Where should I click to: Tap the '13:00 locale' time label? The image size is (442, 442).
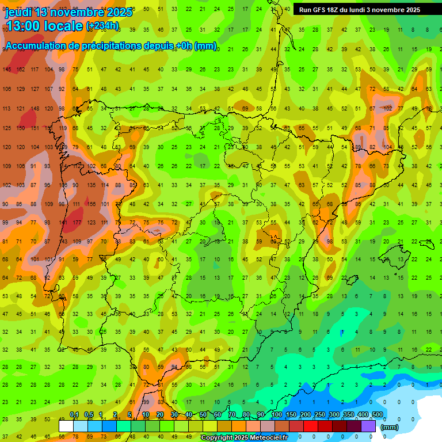(44, 26)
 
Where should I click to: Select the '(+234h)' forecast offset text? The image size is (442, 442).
(102, 26)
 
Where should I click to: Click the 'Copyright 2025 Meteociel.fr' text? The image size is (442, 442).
(244, 438)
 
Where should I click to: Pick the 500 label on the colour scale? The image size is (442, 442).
(377, 415)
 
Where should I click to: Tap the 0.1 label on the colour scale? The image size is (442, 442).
(74, 415)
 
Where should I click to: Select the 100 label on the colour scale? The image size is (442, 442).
(276, 415)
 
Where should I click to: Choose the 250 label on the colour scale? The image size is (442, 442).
(319, 415)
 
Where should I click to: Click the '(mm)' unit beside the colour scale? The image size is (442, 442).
(390, 427)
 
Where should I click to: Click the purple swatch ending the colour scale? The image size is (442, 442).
(368, 426)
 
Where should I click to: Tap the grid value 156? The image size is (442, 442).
(91, 204)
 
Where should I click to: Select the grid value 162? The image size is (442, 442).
(21, 70)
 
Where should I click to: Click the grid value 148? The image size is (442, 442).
(35, 108)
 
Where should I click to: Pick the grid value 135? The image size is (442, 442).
(91, 185)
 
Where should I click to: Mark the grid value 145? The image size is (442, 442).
(7, 70)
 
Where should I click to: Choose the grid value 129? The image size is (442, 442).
(21, 89)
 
